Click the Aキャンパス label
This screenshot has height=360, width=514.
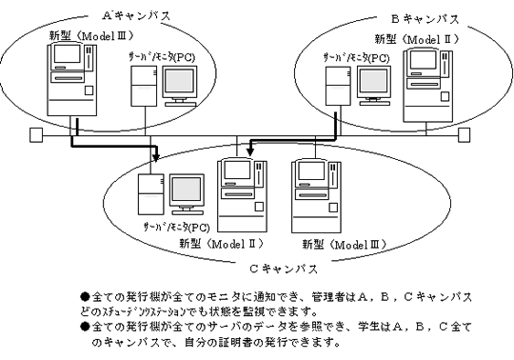coord(136,15)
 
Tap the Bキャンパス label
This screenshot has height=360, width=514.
coord(425,19)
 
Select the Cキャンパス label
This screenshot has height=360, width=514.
coord(284,269)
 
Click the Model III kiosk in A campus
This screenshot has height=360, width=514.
coord(72,80)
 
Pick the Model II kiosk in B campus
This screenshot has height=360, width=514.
coord(427,86)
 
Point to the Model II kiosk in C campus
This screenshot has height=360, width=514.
coord(243,196)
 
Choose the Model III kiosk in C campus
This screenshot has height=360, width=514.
coord(317,196)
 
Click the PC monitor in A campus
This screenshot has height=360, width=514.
coord(180,86)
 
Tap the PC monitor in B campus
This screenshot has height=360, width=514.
coord(374,86)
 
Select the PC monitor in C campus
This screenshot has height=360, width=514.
coord(187,194)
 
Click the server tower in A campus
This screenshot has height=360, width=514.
coord(144,86)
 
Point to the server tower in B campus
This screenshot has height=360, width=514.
coord(338,86)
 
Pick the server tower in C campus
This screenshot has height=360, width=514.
coord(150,194)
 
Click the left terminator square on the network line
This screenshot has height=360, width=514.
coord(36,135)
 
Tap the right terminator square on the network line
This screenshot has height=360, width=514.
coord(464,135)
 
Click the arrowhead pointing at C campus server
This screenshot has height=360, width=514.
coord(156,156)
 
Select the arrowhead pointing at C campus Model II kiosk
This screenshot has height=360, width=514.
coord(250,151)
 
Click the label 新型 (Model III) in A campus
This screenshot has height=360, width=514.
coord(91,35)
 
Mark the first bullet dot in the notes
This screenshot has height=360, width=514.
coord(85,297)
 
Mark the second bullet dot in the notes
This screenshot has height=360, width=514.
coord(85,327)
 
